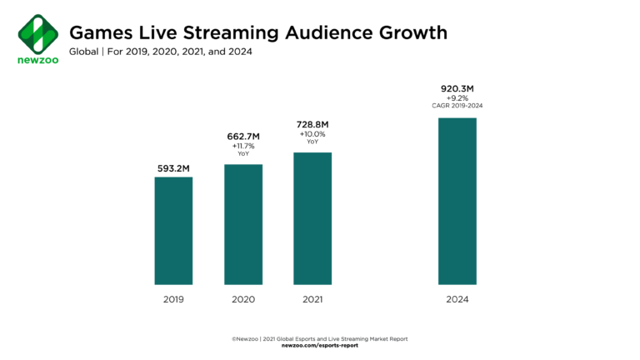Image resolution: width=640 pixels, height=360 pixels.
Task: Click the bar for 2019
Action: tap(173, 231)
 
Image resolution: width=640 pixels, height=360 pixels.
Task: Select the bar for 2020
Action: tap(243, 224)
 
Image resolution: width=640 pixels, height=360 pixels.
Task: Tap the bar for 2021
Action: tap(312, 218)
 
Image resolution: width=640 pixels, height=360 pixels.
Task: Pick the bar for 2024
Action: tap(457, 201)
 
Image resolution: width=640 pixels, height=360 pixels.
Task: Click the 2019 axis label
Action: tap(173, 299)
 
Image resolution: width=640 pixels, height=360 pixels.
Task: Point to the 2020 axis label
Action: tap(243, 299)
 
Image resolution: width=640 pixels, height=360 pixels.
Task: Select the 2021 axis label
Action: tap(312, 299)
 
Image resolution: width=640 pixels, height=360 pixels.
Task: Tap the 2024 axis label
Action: tap(457, 299)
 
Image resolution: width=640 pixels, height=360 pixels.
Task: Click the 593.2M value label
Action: tap(173, 168)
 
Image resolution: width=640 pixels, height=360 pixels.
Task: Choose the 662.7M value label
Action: tap(243, 136)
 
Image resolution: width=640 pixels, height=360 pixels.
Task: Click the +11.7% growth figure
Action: tap(243, 147)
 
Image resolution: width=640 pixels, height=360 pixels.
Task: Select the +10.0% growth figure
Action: tap(312, 134)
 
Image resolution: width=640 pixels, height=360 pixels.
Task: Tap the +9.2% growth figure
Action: tap(457, 97)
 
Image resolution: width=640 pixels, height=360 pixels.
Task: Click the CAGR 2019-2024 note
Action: tap(457, 106)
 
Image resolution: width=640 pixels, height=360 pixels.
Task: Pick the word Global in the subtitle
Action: tap(84, 52)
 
